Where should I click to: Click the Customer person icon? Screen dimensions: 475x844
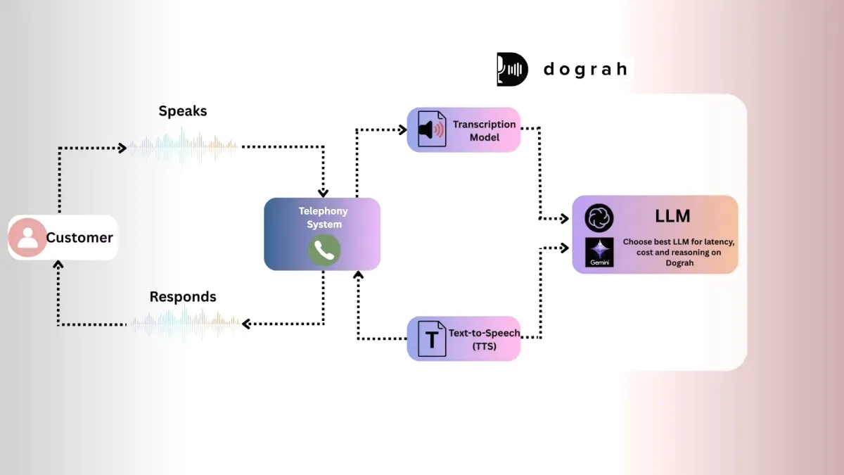27,237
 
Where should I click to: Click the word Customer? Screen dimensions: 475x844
79,238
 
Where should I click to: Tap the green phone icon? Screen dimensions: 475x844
324,250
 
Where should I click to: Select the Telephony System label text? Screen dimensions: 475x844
323,217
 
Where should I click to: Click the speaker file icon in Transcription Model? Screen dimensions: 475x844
431,129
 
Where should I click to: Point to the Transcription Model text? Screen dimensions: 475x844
484,131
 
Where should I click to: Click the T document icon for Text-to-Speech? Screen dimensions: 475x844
431,339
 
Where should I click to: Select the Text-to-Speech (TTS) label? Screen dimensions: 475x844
484,339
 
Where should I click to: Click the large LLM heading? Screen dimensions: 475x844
672,216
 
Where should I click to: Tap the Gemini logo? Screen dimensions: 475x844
599,252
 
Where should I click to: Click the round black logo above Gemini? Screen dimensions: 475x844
599,218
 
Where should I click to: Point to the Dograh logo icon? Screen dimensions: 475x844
512,69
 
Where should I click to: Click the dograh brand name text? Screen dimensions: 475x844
585,69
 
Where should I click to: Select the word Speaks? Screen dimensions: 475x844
183,111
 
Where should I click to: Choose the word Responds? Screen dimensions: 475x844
183,297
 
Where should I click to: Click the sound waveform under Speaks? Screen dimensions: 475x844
183,147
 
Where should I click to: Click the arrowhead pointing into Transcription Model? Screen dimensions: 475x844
403,129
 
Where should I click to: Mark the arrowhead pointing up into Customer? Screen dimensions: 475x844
59,265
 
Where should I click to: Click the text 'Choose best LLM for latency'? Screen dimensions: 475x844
678,242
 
